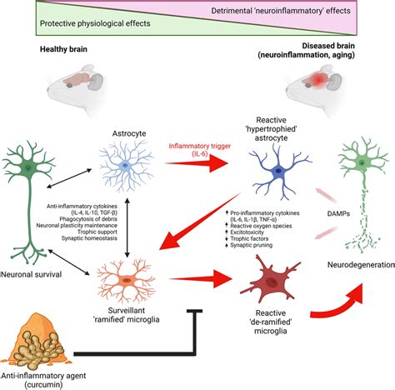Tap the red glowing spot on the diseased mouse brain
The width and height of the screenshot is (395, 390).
(318, 80)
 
